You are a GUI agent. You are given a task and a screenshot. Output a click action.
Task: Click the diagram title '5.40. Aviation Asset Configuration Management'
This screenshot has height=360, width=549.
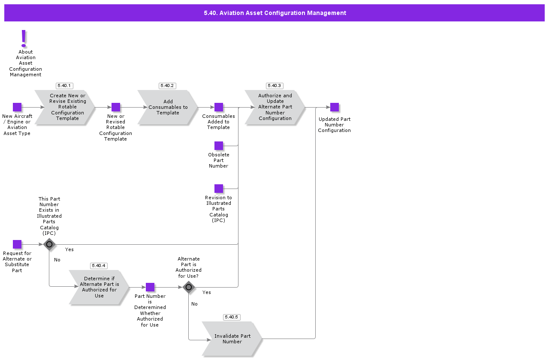(274, 13)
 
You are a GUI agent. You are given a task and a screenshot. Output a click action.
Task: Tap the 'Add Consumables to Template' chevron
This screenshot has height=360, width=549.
(168, 107)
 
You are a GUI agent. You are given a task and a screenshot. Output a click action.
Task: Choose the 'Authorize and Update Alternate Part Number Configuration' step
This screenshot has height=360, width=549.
(275, 107)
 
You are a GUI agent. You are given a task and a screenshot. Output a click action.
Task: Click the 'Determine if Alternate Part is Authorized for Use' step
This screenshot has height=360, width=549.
(99, 287)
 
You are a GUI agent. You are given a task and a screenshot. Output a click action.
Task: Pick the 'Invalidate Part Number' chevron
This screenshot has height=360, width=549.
(232, 339)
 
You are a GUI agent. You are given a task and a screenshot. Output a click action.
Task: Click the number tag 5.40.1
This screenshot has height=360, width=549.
(64, 86)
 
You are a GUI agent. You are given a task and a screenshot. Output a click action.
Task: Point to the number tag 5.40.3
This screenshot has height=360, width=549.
(274, 86)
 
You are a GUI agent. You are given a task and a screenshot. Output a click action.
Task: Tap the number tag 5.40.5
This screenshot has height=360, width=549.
(232, 317)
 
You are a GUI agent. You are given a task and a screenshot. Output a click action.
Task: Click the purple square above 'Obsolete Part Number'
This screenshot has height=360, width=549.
(219, 146)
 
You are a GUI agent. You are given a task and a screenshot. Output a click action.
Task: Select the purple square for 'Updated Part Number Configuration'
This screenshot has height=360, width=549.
(335, 107)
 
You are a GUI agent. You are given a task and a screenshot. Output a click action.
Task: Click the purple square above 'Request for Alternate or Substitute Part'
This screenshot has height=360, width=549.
(17, 244)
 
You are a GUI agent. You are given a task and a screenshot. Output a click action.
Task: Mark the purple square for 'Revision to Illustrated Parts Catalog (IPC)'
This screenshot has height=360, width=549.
(219, 189)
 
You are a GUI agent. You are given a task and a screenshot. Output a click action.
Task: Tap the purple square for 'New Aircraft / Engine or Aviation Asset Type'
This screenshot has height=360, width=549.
(17, 107)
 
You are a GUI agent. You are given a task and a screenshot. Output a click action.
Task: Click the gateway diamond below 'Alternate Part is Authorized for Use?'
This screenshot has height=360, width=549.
(189, 287)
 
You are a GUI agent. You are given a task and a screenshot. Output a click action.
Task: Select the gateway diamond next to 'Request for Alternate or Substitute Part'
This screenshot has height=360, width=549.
(49, 244)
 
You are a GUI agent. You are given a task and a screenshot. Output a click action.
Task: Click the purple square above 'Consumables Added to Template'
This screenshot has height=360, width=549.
(219, 107)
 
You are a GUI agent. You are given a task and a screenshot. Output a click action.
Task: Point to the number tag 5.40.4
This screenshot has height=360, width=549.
(99, 266)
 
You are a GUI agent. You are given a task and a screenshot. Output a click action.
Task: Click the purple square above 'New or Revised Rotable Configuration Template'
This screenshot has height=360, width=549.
(116, 107)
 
